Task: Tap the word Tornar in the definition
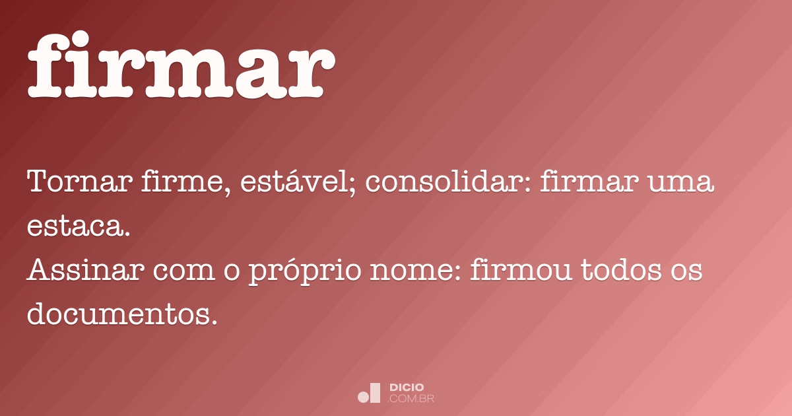click(x=79, y=182)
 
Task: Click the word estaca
click(x=76, y=226)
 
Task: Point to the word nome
click(x=422, y=271)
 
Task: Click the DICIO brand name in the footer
click(x=407, y=387)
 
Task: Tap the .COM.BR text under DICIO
click(x=411, y=398)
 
